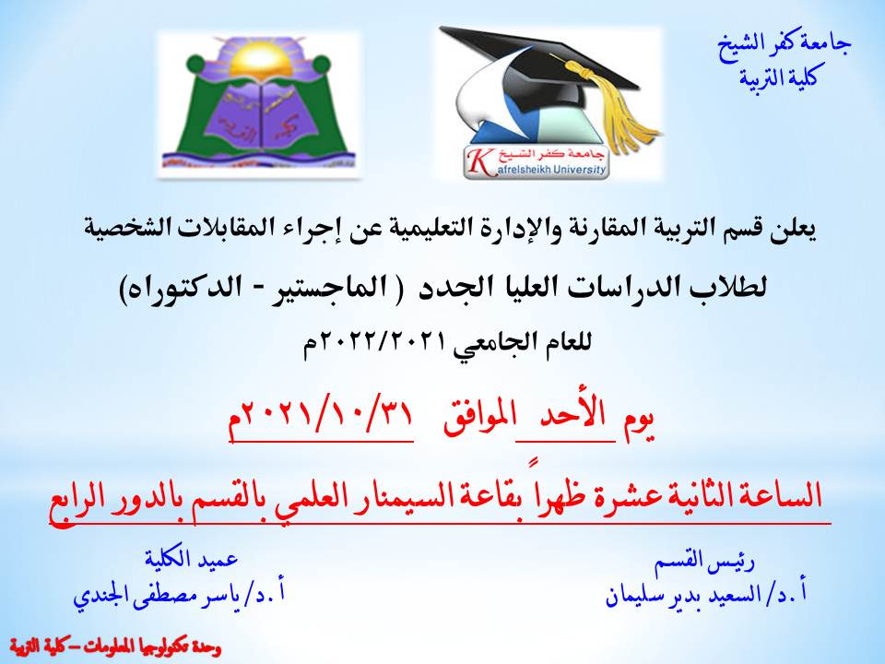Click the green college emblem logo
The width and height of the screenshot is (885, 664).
pyautogui.click(x=258, y=101)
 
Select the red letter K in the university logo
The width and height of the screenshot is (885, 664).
pyautogui.click(x=478, y=160)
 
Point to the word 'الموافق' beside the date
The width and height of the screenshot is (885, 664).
pyautogui.click(x=476, y=421)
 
